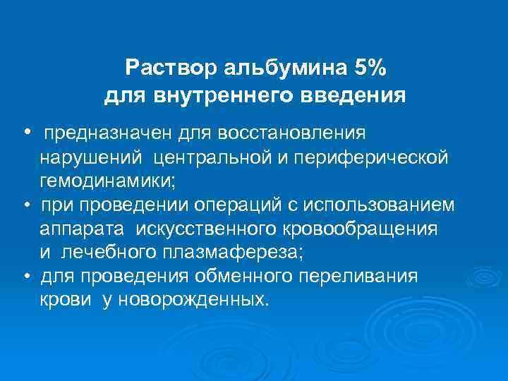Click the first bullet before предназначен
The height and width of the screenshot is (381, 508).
click(25, 132)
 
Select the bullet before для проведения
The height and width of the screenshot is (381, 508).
click(25, 277)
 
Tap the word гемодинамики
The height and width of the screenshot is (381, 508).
click(105, 181)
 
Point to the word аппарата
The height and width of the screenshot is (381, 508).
click(78, 229)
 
